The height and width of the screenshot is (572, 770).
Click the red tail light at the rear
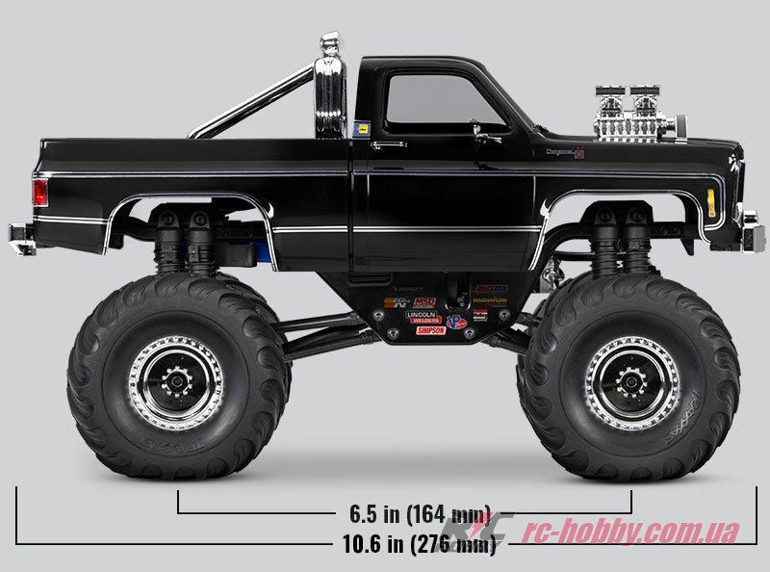(39, 193)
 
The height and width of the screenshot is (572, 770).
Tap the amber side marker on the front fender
(711, 202)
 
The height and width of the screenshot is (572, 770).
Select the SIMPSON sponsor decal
(430, 330)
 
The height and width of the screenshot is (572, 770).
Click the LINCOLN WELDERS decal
(423, 317)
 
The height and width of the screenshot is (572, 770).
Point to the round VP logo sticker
(456, 321)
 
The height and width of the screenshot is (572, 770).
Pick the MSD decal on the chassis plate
(423, 302)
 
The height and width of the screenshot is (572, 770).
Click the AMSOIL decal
(490, 289)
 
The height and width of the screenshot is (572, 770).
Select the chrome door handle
(388, 143)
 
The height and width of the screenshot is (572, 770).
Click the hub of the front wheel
(632, 382)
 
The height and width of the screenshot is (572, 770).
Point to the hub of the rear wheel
(176, 382)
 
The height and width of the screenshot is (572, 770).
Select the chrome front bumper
(752, 234)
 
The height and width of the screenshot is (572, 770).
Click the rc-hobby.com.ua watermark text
(630, 531)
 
